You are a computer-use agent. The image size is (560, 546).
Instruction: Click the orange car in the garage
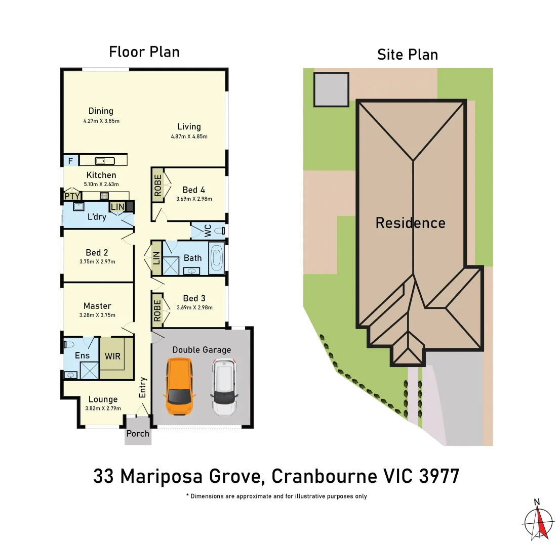coord(180,386)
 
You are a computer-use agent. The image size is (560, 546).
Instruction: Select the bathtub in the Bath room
coord(216,256)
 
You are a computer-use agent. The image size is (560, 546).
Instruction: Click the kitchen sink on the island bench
coord(104,161)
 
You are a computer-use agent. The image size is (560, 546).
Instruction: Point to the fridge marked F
coord(70,161)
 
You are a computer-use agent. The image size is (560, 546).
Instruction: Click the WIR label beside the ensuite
coord(112,356)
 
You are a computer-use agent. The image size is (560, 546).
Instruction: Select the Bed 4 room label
coord(193,190)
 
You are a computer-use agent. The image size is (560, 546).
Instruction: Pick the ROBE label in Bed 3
coord(156,310)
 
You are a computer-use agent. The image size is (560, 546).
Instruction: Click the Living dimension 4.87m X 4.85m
coord(189,136)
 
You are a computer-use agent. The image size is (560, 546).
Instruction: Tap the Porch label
coord(138,434)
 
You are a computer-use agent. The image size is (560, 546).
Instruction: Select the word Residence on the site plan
coord(410,223)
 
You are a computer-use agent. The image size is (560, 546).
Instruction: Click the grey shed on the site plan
coord(331,89)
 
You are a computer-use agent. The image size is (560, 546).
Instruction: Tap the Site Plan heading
coord(407,54)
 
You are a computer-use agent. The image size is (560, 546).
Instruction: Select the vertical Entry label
coord(143,387)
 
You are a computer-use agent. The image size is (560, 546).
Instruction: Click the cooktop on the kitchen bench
coord(104,196)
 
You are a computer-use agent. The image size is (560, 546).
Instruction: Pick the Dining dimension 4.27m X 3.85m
coord(101,121)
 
